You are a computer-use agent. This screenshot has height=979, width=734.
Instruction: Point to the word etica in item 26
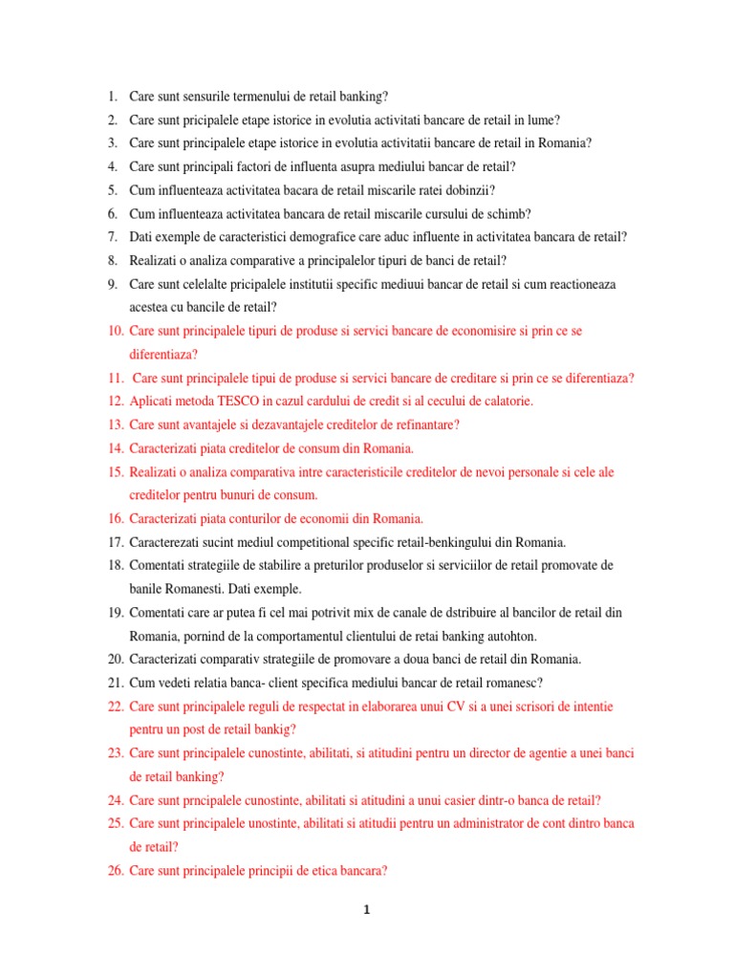327,870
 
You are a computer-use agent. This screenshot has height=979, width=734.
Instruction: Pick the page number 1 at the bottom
367,911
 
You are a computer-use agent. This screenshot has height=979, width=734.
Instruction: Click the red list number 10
116,331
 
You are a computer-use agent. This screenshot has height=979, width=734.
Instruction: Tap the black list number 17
116,542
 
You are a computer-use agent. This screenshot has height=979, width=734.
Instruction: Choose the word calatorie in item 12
502,402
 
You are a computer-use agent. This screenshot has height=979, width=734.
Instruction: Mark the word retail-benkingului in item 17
439,542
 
